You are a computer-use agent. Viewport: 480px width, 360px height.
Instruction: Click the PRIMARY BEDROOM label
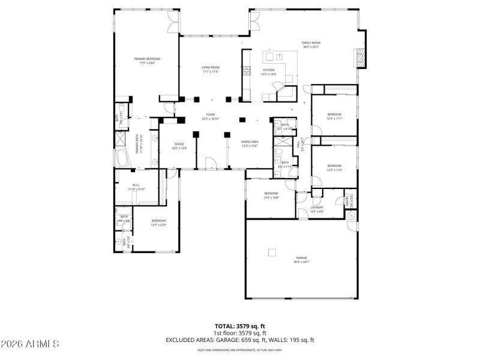pos(147,58)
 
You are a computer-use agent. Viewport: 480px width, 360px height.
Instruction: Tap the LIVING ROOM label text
pos(210,67)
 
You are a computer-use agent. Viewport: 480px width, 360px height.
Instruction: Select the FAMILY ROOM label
pos(311,43)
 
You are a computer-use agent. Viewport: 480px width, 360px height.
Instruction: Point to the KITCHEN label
pos(268,70)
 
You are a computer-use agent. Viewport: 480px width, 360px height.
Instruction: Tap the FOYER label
pos(211,115)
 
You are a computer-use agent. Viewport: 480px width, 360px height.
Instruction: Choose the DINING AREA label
pos(250,142)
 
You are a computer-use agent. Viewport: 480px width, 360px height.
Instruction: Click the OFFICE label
pos(179,144)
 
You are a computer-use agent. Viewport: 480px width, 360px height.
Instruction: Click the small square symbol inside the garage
pos(272,252)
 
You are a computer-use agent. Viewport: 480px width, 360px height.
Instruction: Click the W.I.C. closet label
pos(136,185)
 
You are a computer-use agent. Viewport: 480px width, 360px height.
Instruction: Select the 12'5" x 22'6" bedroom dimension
pos(158,225)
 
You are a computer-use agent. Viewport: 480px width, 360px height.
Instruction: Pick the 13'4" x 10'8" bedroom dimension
pos(271,197)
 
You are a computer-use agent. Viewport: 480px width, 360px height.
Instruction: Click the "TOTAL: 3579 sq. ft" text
pos(239,326)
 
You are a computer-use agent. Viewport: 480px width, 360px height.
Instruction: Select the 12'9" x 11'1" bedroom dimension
pos(334,118)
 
